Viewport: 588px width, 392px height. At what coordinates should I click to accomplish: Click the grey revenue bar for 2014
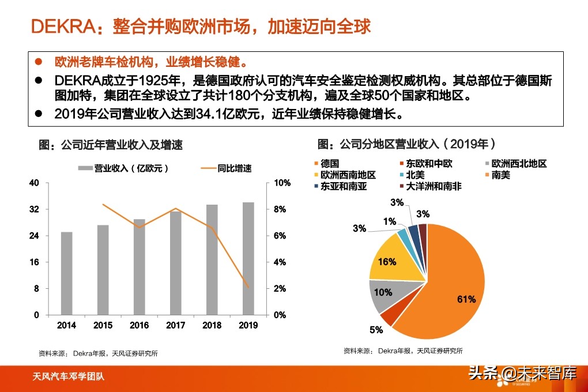click(x=66, y=273)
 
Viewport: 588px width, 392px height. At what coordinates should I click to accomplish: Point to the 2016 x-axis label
click(x=139, y=325)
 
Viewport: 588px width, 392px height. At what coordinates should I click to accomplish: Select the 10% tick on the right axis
click(x=279, y=183)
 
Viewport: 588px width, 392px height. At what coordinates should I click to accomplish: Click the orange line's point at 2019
click(x=247, y=287)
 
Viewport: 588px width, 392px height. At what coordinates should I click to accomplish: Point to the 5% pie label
click(x=376, y=330)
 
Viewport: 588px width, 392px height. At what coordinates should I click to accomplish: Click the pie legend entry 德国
click(x=330, y=164)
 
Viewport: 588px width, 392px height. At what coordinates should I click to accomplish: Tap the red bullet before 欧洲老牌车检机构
click(x=39, y=62)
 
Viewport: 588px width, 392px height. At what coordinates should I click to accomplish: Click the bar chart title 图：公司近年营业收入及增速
click(x=111, y=145)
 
